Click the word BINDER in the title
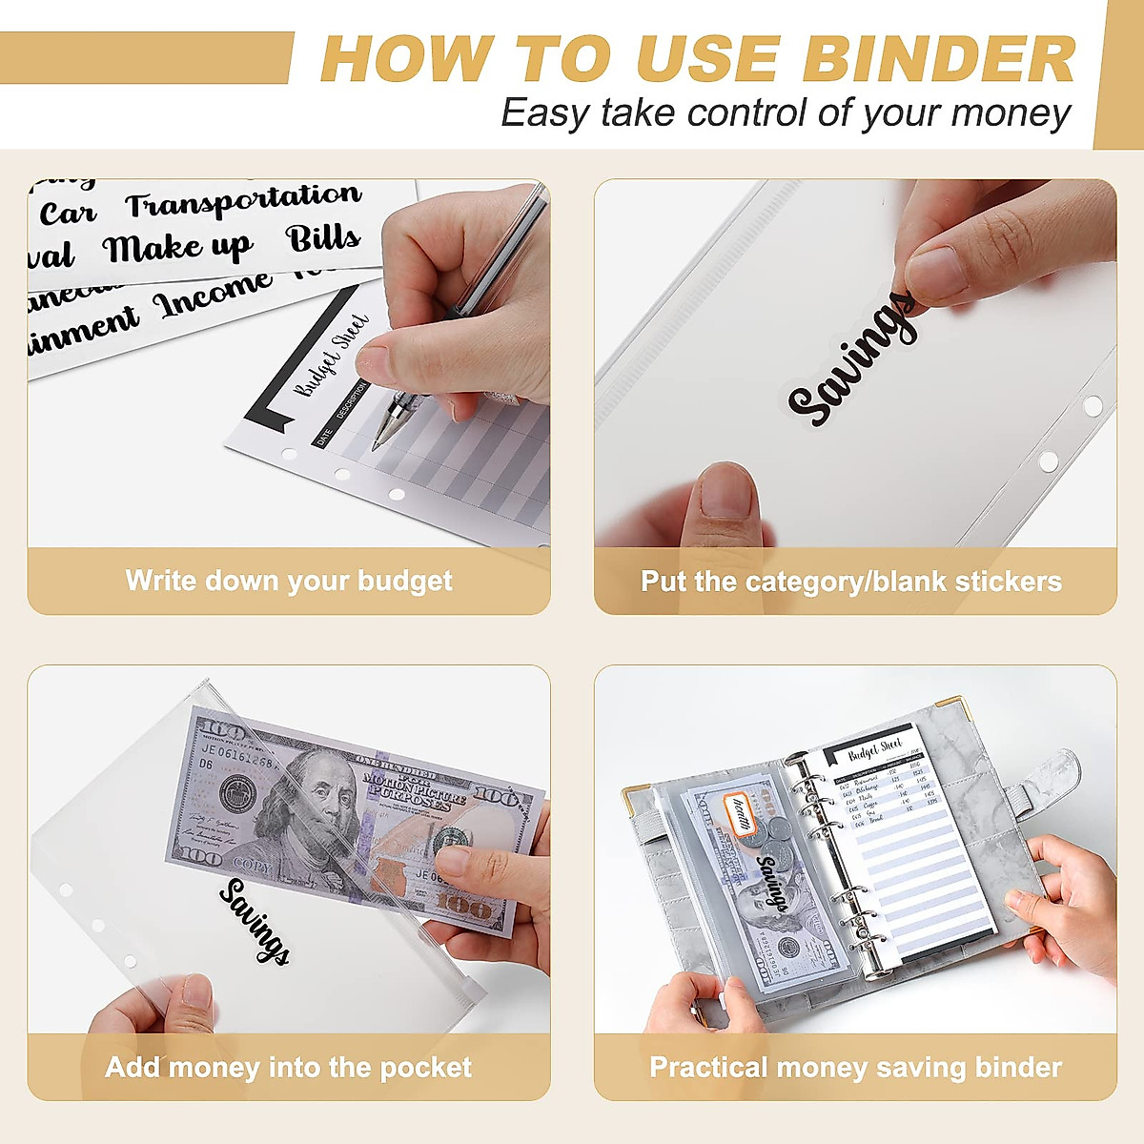939,59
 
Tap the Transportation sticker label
243,201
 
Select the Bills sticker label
324,238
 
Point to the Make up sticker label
177,249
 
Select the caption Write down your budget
289,581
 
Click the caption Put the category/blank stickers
850,582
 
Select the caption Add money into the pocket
288,1067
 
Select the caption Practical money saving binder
855,1067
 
